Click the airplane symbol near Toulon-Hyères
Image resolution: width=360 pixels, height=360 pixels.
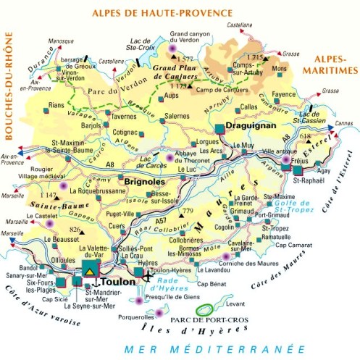pos(148,277)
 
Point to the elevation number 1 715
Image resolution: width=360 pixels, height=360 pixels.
pos(255,56)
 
